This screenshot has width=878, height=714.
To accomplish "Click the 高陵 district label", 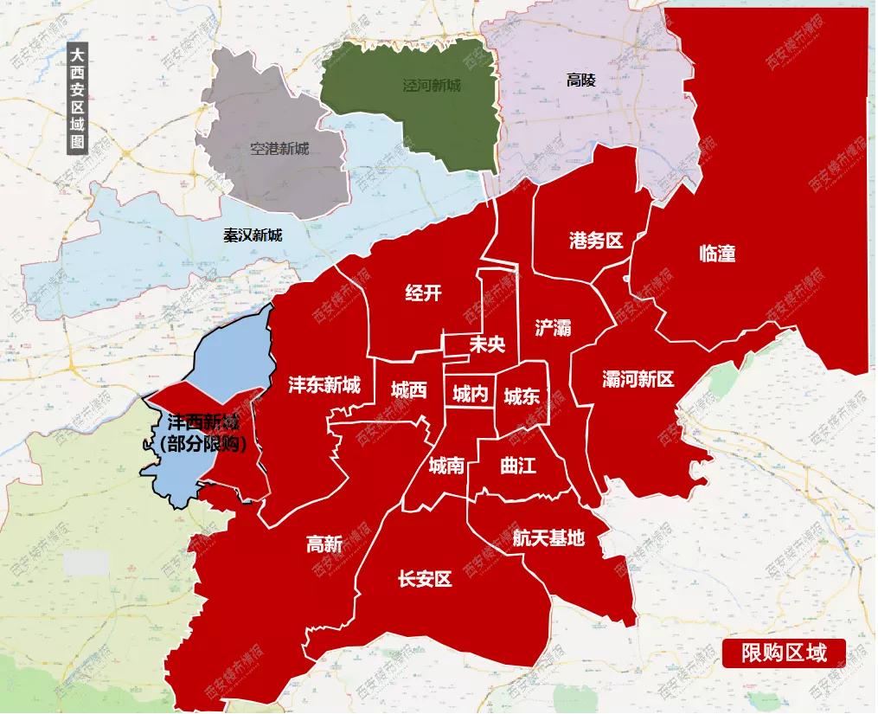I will point(581,80).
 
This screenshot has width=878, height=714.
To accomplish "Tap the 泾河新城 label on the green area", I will point(432,86).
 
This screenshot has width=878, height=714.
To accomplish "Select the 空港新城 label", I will point(279,149).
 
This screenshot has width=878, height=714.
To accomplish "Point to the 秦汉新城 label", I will point(253,235).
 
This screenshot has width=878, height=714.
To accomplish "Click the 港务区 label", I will point(596,240).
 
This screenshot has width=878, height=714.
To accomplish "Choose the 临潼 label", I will point(716,254).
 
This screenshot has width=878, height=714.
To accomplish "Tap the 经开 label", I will point(423,293).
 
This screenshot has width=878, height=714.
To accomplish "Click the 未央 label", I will point(486,344).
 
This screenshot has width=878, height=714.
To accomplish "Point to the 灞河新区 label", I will point(638,378).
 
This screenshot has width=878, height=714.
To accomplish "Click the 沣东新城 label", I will point(324,385).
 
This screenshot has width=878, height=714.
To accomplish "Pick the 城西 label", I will point(408,389).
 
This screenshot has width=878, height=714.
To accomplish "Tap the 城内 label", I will point(470,395).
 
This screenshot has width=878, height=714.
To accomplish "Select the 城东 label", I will point(522,396).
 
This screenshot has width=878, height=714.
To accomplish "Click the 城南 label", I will point(446,466).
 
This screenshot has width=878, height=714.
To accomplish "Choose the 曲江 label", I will point(518,465).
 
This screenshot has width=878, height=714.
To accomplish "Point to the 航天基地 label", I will point(548,537).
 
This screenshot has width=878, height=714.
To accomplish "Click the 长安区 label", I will point(425,579).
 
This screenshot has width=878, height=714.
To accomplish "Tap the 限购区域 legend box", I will point(784,652).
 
